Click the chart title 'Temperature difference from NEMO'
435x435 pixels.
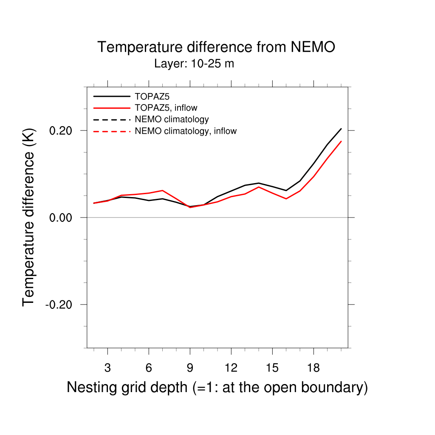216,47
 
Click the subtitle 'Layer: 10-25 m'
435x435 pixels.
194,64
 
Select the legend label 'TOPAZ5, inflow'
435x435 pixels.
166,107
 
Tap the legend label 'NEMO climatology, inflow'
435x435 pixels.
186,131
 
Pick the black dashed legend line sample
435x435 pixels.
111,119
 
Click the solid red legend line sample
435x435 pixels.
111,107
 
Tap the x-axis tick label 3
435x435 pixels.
107,368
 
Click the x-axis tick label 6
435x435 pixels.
149,368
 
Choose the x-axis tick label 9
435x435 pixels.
190,368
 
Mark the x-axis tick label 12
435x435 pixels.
231,368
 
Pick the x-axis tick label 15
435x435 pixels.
272,368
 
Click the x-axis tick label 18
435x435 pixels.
314,368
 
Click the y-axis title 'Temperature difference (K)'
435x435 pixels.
28,217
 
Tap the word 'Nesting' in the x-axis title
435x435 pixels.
91,387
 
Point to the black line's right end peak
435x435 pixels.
341,129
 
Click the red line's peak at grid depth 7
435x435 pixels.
162,190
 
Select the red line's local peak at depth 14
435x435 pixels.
259,187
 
